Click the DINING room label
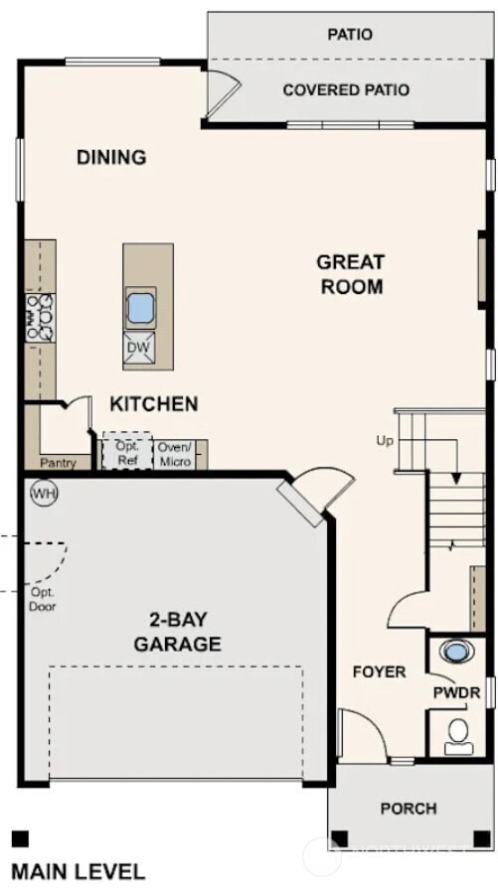[x=111, y=157]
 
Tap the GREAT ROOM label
[x=350, y=274]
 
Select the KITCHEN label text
[x=153, y=404]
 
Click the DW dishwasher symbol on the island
[x=139, y=347]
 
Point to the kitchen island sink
[x=140, y=308]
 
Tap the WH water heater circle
[x=43, y=493]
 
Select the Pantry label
[x=58, y=463]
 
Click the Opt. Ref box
[x=125, y=453]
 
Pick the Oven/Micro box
[x=175, y=454]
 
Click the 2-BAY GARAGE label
[x=178, y=633]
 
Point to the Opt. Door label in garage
[x=42, y=599]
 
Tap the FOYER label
[x=379, y=671]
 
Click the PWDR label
[x=456, y=691]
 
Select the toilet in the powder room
[x=458, y=734]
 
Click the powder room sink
[x=457, y=653]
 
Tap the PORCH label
[x=408, y=809]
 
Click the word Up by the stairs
[x=386, y=440]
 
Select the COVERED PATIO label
[x=345, y=90]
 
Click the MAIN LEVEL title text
[x=78, y=872]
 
